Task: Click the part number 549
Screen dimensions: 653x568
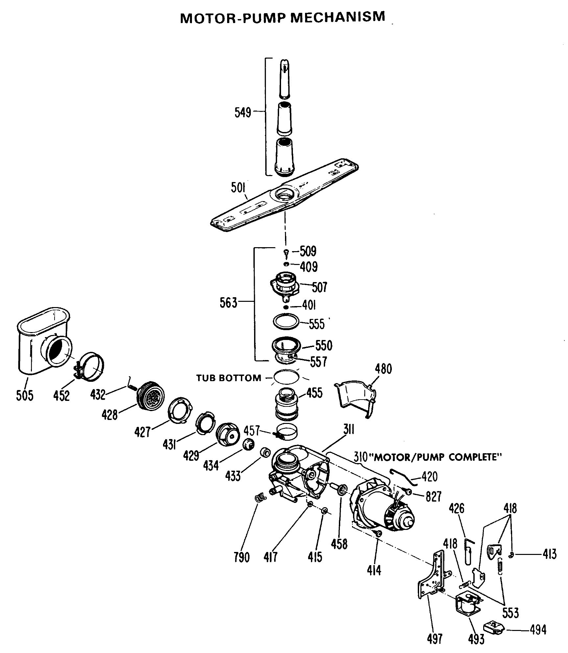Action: (243, 113)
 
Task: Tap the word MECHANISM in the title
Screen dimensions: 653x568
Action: (338, 17)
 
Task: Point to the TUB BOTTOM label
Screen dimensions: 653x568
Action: (229, 378)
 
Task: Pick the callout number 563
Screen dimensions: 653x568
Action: (228, 302)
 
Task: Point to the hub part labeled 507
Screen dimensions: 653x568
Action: (284, 284)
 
